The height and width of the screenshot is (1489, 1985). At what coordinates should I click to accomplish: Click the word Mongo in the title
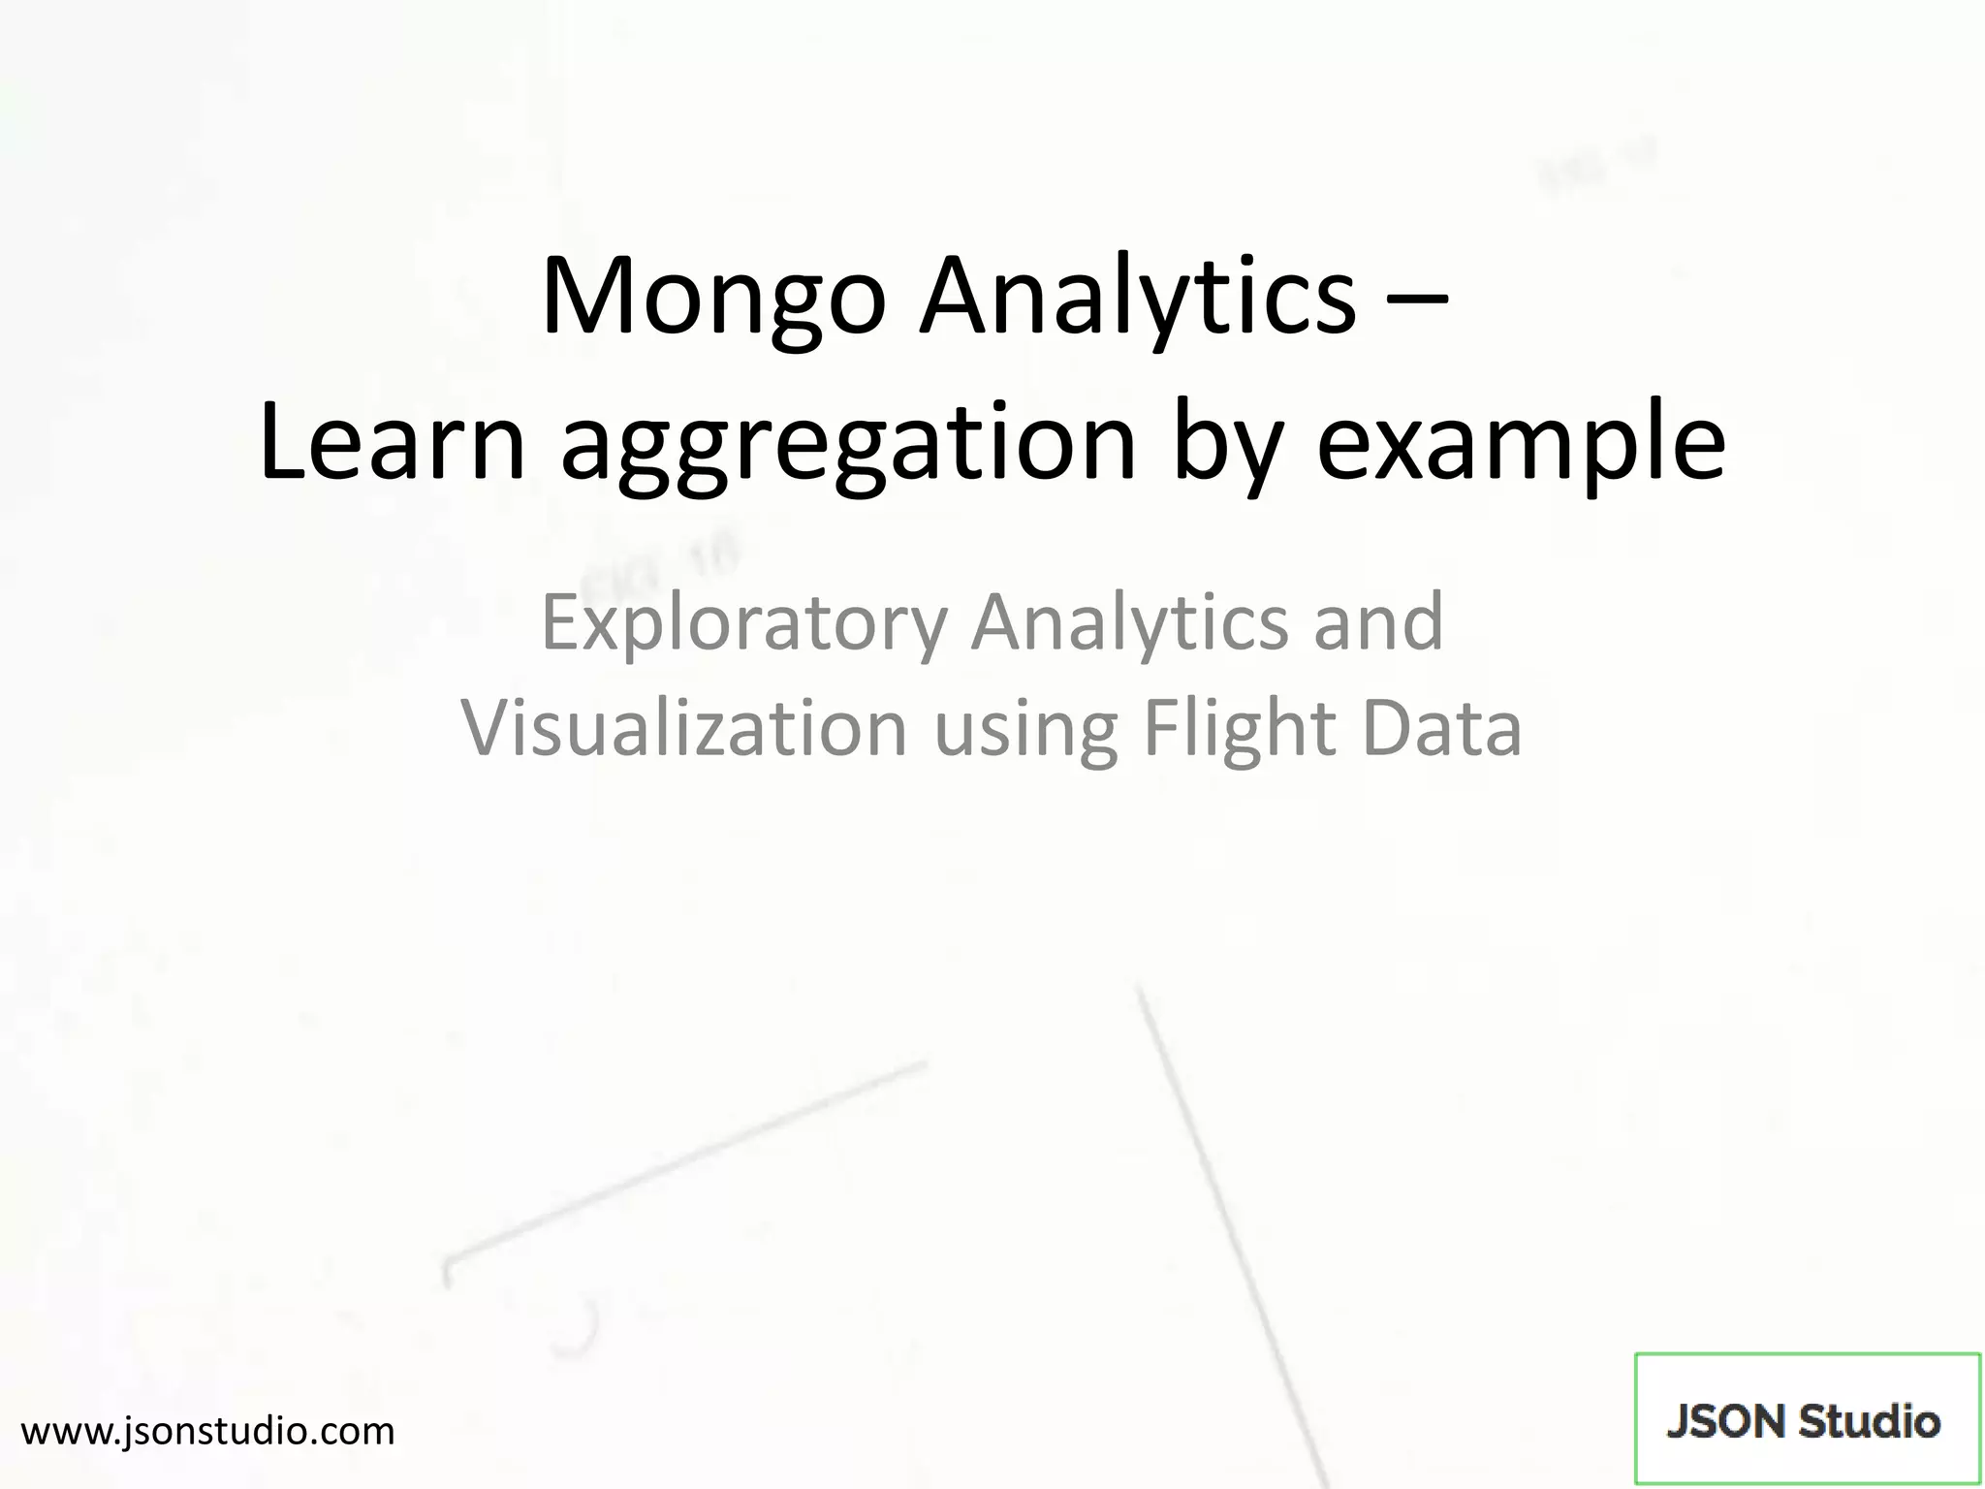click(x=713, y=297)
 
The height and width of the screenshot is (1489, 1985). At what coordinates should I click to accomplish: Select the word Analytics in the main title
click(x=1138, y=297)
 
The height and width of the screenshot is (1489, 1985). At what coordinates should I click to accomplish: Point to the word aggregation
click(x=848, y=446)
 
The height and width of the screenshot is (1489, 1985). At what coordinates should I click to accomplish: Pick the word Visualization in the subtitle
click(x=683, y=729)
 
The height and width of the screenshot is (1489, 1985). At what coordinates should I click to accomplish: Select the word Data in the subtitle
click(x=1441, y=729)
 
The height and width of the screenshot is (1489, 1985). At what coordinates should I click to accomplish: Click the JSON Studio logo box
click(x=1807, y=1419)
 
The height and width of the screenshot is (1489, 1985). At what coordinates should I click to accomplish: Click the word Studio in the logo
click(x=1869, y=1422)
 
